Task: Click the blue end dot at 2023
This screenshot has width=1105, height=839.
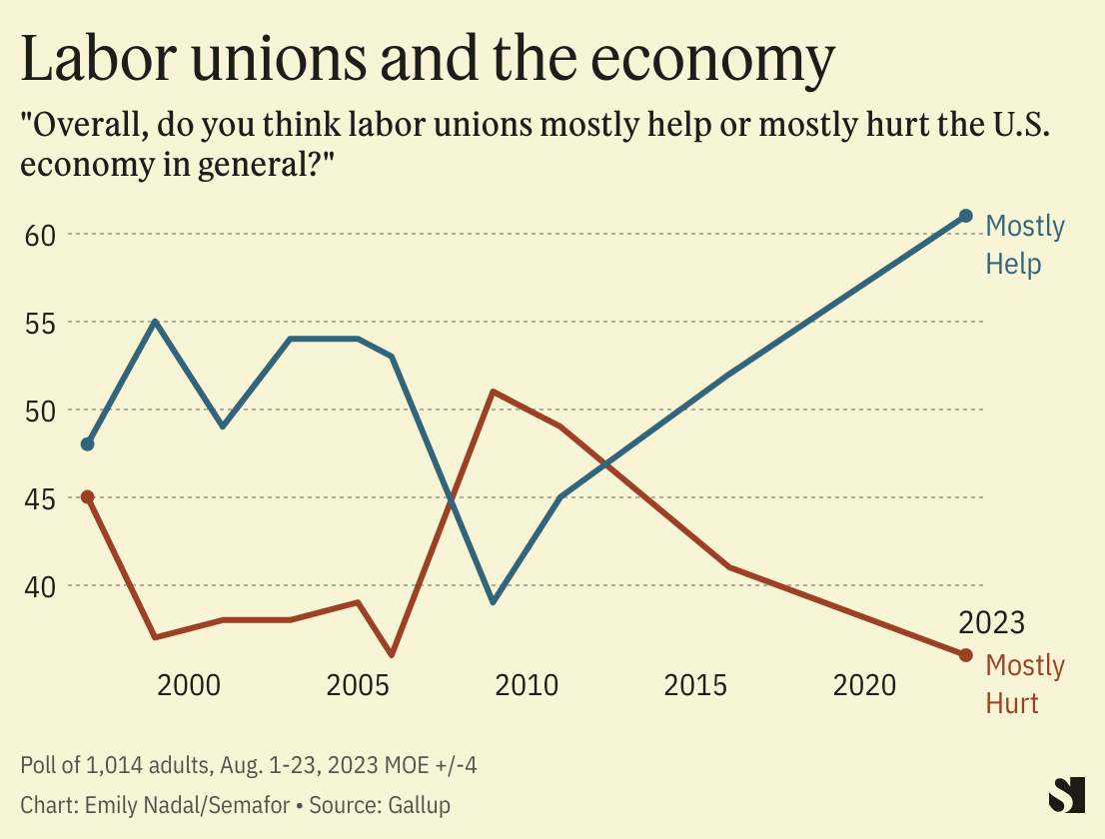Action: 966,216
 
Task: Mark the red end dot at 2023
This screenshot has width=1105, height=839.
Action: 966,655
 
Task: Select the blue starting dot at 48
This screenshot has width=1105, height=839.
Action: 88,444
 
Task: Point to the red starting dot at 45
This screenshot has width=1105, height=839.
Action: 88,496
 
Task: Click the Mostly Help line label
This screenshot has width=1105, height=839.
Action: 1024,245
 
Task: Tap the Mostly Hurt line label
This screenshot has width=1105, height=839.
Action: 1024,684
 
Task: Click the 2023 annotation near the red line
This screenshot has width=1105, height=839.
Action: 991,623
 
